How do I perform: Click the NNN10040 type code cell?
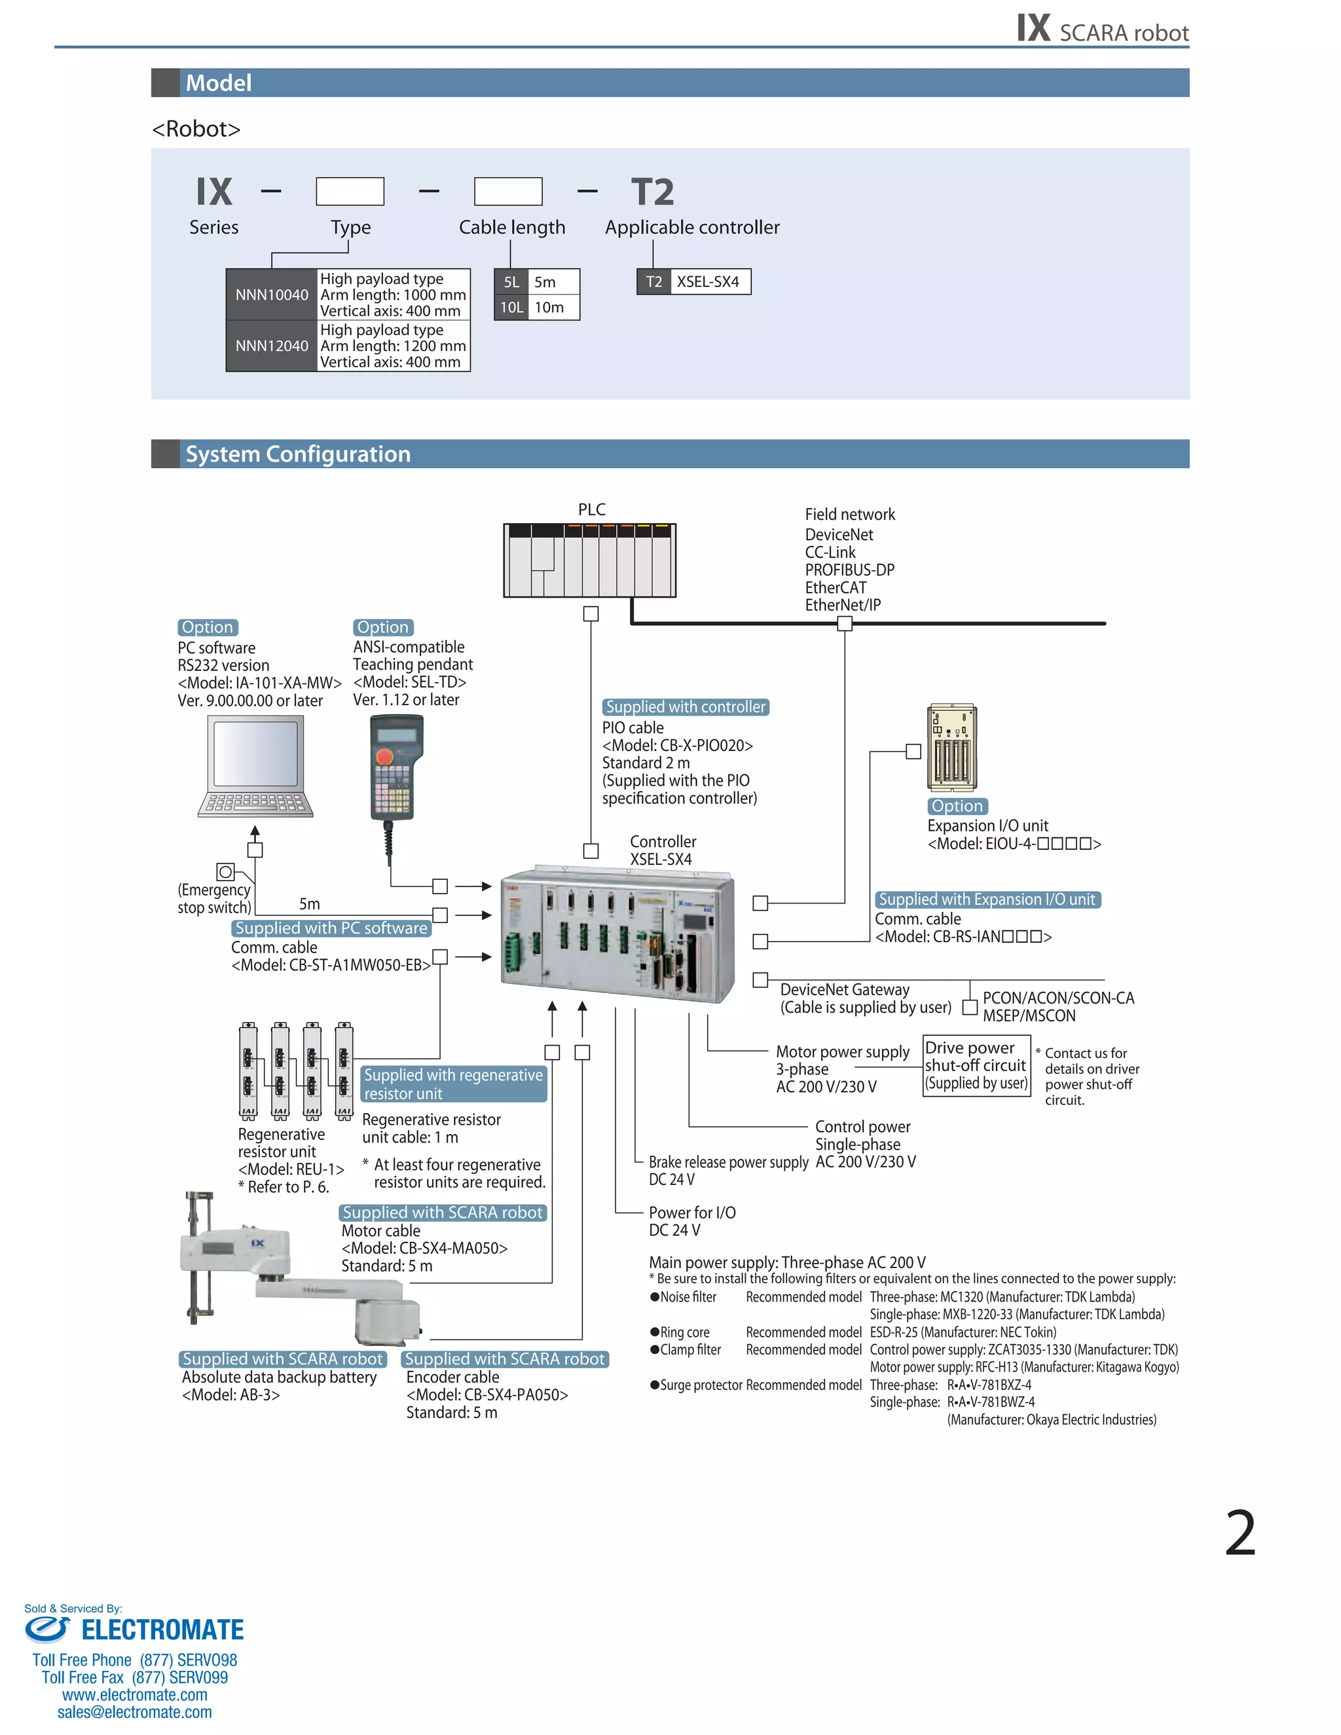click(x=272, y=295)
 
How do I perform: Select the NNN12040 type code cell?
click(x=272, y=346)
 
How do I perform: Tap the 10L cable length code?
click(x=511, y=308)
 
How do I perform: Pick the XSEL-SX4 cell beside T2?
click(x=708, y=282)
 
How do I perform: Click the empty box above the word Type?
click(x=350, y=191)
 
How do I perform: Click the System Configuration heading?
click(x=298, y=454)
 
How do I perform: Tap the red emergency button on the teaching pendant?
click(x=384, y=756)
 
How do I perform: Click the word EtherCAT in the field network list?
click(x=836, y=588)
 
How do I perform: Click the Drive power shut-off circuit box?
click(x=976, y=1065)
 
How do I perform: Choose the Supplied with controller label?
click(x=686, y=707)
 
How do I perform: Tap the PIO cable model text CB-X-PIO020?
click(x=677, y=745)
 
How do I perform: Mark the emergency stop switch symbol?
click(x=226, y=872)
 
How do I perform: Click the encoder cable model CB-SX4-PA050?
click(x=487, y=1395)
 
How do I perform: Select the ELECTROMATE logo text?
click(x=162, y=1630)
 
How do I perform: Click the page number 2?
click(x=1240, y=1533)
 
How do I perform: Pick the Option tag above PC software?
click(x=208, y=628)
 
